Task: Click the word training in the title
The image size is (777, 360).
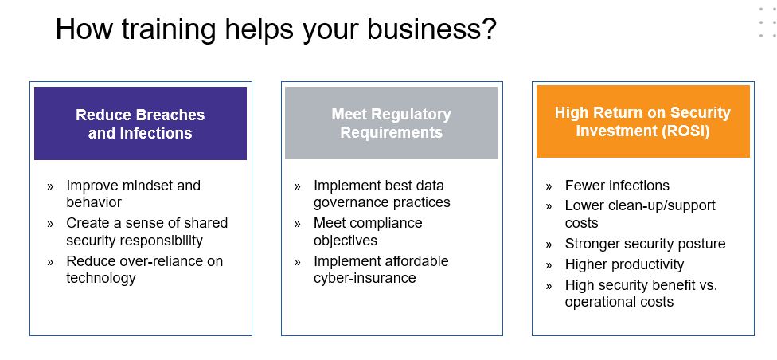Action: pos(169,29)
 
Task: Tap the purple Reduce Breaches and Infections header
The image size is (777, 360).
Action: pos(140,123)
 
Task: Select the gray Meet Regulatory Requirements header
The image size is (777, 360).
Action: pos(392,123)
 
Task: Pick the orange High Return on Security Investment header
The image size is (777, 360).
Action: pos(642,122)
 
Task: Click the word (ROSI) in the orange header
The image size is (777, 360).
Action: pos(685,131)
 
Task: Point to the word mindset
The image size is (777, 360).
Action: pos(146,186)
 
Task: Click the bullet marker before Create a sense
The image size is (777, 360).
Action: pos(50,224)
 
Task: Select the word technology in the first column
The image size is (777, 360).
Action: pos(101,278)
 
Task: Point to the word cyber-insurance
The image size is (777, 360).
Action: pos(365,278)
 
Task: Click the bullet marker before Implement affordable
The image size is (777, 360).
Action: pos(297,261)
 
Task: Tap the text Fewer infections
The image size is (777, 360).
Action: pos(617,186)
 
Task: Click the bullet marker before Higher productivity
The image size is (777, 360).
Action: pos(549,265)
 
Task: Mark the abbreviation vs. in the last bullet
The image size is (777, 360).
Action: pos(708,286)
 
